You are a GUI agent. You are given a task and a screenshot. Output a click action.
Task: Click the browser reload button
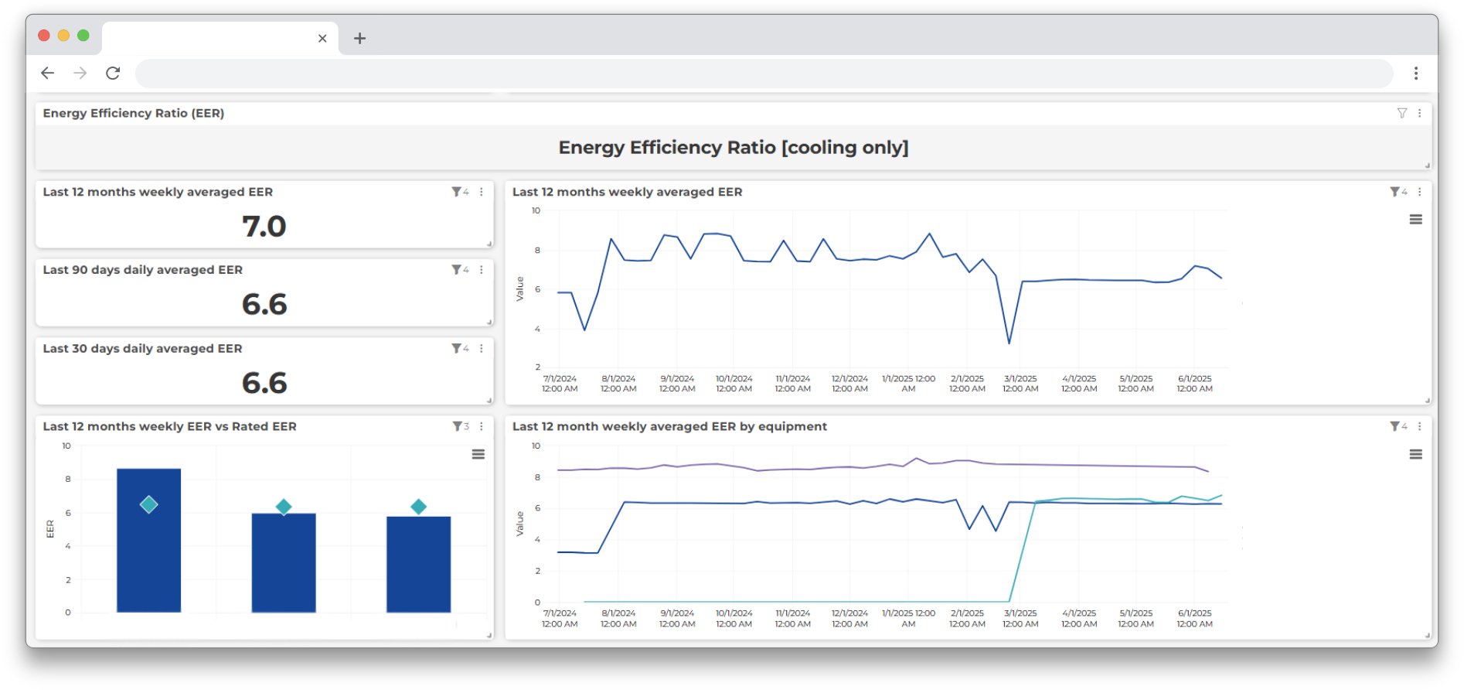[113, 73]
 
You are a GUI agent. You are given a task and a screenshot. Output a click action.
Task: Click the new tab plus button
[359, 38]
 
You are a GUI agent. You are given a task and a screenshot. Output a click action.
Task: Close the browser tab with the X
[322, 38]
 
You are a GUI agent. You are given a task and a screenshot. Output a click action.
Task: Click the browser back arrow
[47, 73]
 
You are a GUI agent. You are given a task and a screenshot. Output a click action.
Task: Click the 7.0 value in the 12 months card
[264, 227]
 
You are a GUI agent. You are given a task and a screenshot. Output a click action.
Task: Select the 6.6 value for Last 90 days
[264, 305]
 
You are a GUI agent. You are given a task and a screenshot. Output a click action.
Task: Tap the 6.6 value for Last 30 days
[264, 384]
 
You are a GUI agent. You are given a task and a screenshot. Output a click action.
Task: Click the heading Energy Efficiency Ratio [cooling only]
[733, 148]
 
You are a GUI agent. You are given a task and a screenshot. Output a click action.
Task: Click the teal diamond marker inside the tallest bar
[148, 504]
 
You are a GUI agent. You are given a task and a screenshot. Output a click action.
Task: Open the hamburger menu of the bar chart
[478, 454]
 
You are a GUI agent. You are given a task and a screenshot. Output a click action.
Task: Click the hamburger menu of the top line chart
[1415, 220]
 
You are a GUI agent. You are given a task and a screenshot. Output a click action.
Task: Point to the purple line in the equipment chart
[773, 469]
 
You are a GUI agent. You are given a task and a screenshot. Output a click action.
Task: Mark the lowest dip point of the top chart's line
[1009, 343]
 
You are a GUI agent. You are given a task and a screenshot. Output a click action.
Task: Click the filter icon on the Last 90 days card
[456, 270]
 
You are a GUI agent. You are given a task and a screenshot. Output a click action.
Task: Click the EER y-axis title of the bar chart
[50, 528]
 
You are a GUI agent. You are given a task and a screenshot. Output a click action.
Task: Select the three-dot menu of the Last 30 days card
[482, 349]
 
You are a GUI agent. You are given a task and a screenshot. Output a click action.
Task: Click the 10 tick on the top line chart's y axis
[536, 210]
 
